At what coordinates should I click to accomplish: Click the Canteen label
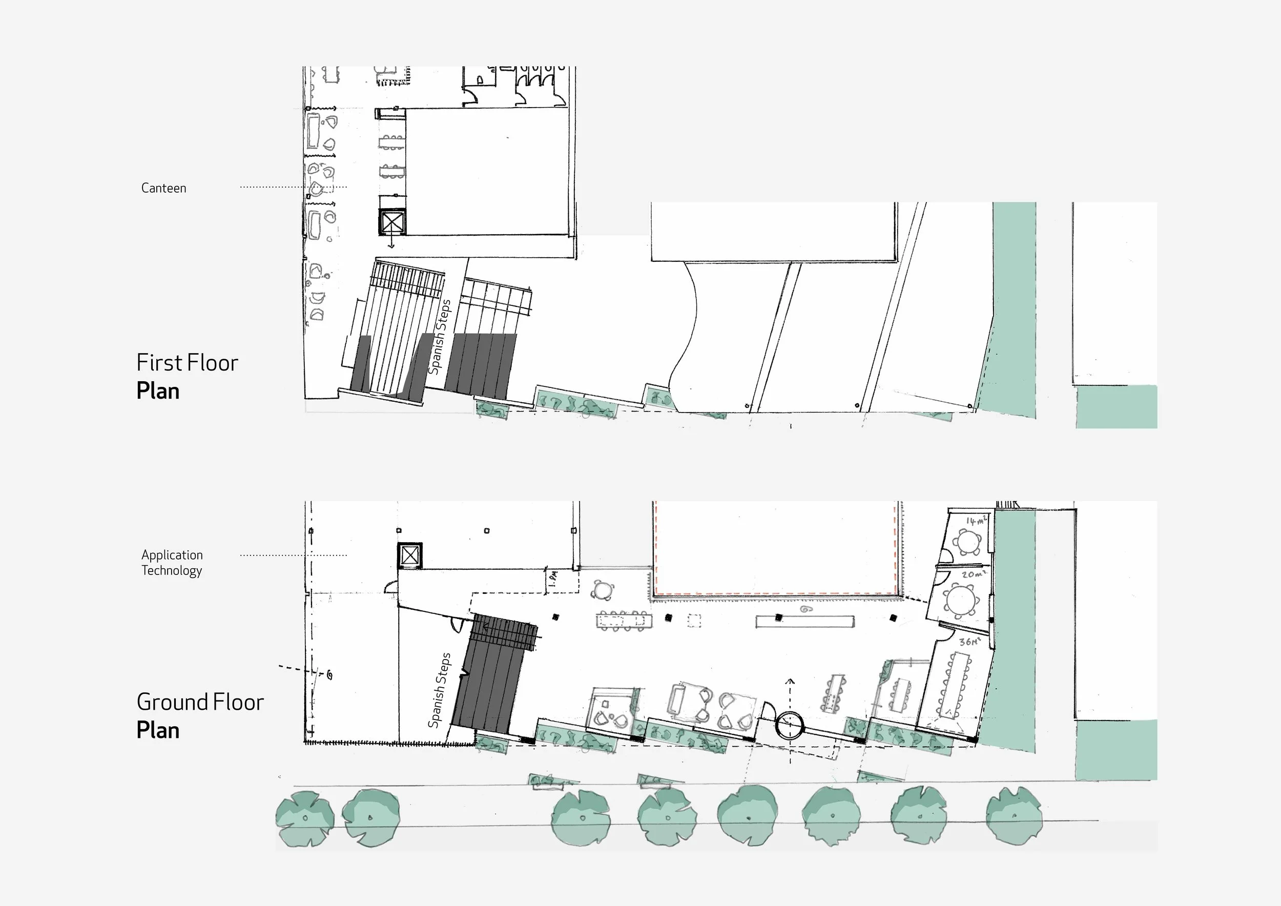163,188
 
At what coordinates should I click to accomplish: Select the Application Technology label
172,562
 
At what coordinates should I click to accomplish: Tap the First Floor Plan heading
187,377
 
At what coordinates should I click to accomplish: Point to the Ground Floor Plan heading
200,716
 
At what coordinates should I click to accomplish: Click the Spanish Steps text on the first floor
439,337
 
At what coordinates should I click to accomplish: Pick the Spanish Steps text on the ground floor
439,690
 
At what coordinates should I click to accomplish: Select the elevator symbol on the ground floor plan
409,555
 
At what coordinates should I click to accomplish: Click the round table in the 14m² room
967,541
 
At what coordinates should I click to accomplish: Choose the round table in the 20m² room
961,600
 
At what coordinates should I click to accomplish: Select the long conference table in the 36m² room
956,684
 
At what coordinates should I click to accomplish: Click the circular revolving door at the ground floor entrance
790,725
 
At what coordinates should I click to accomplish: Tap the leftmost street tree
305,818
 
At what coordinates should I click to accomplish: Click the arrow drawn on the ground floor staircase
491,628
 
